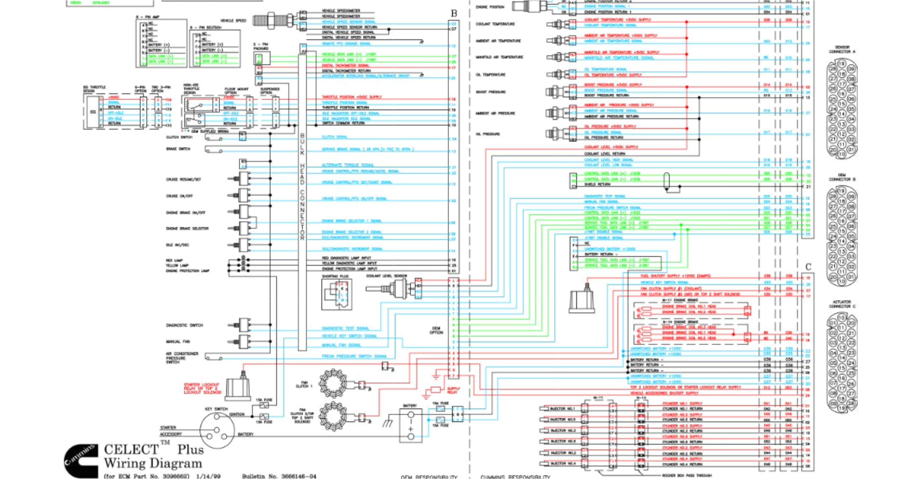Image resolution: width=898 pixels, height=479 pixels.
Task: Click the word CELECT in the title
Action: click(x=131, y=449)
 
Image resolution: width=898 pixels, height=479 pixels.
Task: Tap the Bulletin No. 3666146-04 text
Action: click(x=279, y=476)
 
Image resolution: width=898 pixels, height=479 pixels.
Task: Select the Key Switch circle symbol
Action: click(x=217, y=430)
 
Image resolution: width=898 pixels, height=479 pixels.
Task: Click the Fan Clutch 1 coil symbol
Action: click(x=333, y=384)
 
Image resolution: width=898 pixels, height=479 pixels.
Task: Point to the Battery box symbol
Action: click(x=411, y=426)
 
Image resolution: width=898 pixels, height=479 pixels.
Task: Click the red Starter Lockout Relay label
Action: click(x=203, y=388)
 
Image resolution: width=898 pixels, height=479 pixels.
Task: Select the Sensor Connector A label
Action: click(x=842, y=49)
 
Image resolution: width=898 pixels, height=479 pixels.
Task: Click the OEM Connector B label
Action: click(x=842, y=177)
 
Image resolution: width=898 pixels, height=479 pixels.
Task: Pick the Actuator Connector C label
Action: click(x=842, y=304)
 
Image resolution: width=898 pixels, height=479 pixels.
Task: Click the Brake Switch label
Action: click(x=178, y=149)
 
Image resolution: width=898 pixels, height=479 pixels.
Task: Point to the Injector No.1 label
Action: click(x=562, y=408)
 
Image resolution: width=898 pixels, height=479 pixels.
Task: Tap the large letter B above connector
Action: click(x=454, y=13)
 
